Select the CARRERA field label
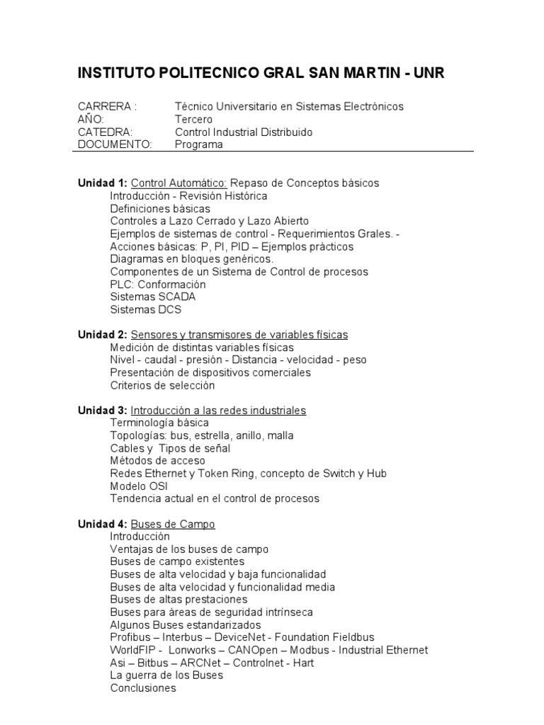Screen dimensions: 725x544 click(x=107, y=106)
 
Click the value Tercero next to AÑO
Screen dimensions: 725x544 click(x=193, y=119)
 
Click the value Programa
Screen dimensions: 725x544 click(x=199, y=144)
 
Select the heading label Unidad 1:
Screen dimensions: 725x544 click(x=103, y=183)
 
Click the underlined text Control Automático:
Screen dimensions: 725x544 click(x=179, y=183)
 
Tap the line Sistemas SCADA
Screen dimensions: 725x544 click(x=153, y=297)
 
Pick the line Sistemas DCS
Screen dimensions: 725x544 click(x=146, y=309)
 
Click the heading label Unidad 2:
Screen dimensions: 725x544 click(x=103, y=334)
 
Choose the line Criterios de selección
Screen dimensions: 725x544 click(x=162, y=385)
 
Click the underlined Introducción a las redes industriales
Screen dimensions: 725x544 click(x=219, y=410)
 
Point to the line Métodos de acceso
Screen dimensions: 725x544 click(x=158, y=461)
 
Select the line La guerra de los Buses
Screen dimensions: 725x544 click(x=166, y=675)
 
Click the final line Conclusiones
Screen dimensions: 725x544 click(x=143, y=688)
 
